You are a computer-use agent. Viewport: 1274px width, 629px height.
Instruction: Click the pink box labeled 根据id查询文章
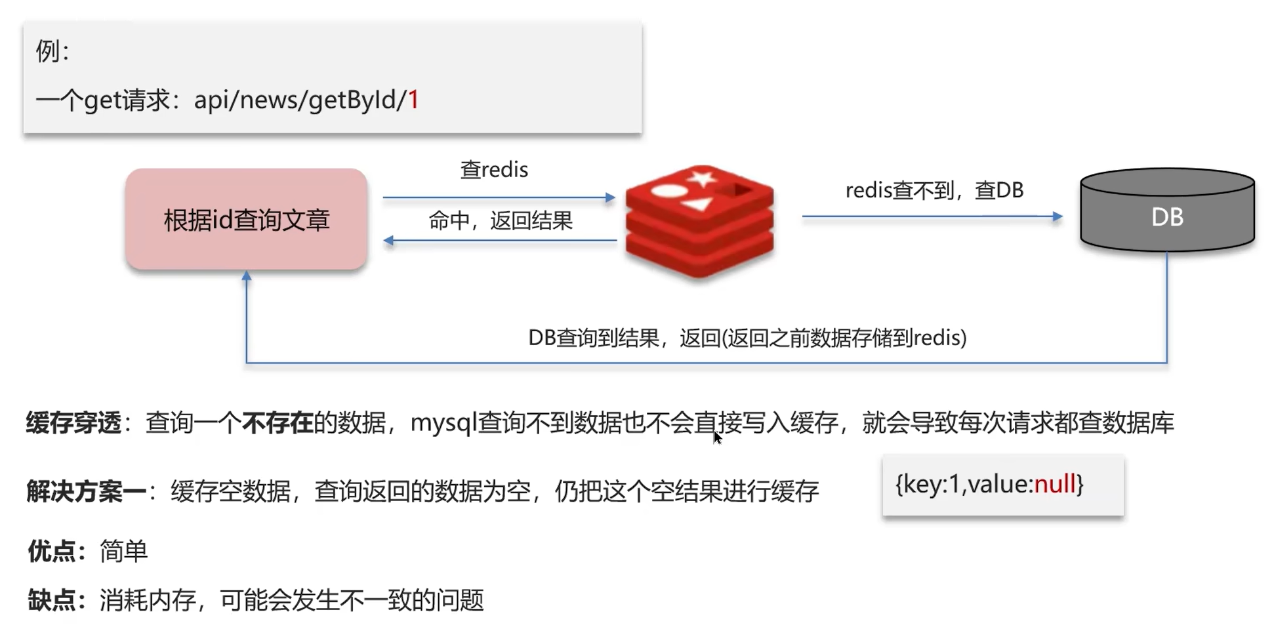point(246,219)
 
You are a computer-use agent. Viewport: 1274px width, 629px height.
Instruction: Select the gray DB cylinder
point(1167,211)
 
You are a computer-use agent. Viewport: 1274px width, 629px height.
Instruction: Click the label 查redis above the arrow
point(494,170)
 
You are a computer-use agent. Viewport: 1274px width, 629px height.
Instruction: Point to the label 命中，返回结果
point(501,221)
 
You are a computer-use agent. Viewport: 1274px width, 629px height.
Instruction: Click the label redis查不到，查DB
point(934,190)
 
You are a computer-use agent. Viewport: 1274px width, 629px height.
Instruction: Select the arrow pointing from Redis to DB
point(932,216)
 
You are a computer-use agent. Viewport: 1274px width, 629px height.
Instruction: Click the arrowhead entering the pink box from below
point(247,277)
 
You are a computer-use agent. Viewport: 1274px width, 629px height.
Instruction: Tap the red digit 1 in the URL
point(413,100)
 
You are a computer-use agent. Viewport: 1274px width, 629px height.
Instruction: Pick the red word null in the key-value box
point(1055,484)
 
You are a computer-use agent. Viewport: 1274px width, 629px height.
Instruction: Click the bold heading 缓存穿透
point(73,423)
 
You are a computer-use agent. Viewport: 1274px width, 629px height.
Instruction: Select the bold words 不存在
point(277,423)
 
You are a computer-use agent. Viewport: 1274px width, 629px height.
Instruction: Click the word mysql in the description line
point(443,423)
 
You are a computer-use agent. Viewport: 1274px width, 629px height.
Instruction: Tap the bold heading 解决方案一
point(86,491)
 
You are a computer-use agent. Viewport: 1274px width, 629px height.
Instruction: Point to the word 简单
point(124,552)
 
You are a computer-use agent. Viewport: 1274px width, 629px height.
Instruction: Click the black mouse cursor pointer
point(717,437)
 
